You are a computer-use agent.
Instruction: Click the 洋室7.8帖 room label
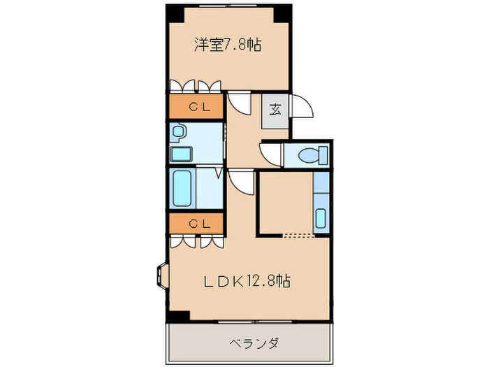click(227, 45)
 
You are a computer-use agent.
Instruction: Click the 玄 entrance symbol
click(275, 109)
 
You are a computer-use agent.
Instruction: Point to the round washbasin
click(179, 131)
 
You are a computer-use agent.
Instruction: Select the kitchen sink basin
click(321, 217)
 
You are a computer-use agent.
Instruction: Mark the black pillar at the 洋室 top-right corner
click(282, 13)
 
